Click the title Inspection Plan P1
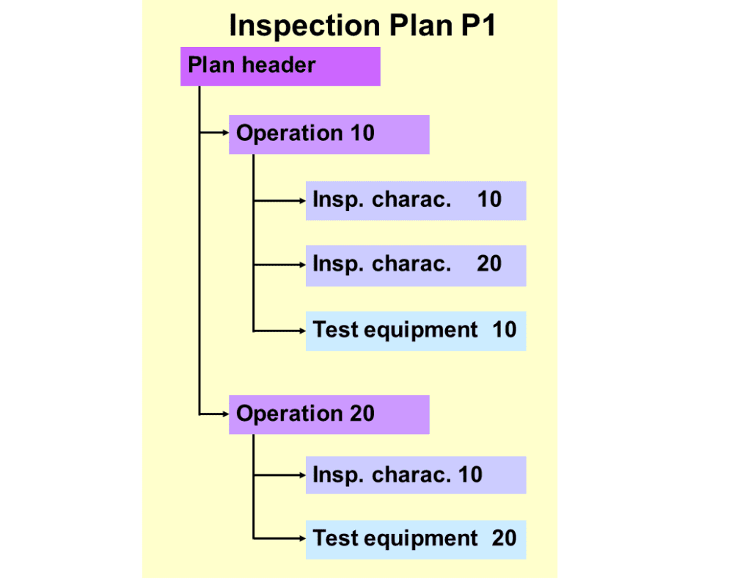(363, 26)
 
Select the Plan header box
(280, 66)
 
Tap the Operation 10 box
(329, 133)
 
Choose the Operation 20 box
(329, 414)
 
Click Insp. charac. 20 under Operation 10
(415, 264)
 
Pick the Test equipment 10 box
(415, 330)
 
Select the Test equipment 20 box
(415, 539)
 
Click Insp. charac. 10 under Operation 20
(415, 475)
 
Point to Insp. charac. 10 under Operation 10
(415, 199)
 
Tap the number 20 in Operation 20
(362, 414)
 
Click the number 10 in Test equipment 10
(504, 330)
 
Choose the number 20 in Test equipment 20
(504, 539)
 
